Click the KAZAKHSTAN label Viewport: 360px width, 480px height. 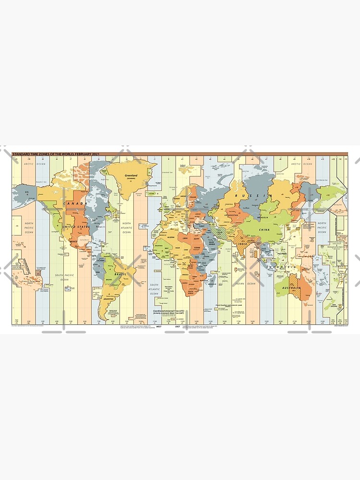tap(230, 215)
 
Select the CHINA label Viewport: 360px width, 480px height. tap(264, 229)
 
